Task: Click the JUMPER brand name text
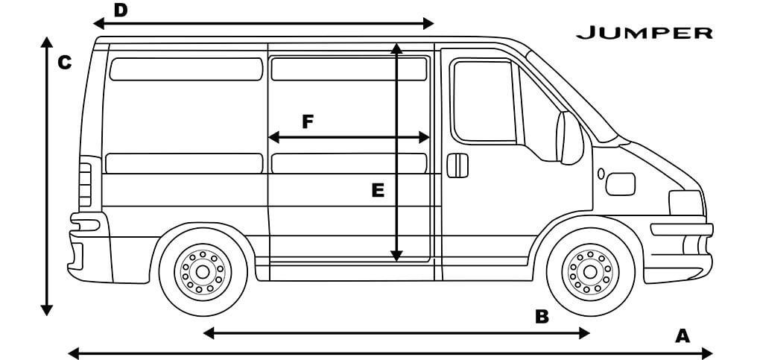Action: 644,33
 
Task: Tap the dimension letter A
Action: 682,335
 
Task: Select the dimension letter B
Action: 542,317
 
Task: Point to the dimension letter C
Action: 64,63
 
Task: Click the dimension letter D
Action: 120,10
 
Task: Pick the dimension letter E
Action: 378,191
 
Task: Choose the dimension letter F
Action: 308,121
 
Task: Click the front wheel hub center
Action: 590,272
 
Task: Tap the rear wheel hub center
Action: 202,272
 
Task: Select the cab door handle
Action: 457,165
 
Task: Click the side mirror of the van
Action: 570,138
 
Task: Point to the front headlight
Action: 685,203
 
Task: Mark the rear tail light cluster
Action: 86,185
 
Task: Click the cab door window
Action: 485,101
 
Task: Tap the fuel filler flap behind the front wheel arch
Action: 621,184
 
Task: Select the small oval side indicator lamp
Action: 601,174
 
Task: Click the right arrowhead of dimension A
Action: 708,353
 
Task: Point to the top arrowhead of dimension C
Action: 47,42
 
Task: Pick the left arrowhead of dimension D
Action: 98,23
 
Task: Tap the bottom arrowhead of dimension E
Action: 396,256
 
